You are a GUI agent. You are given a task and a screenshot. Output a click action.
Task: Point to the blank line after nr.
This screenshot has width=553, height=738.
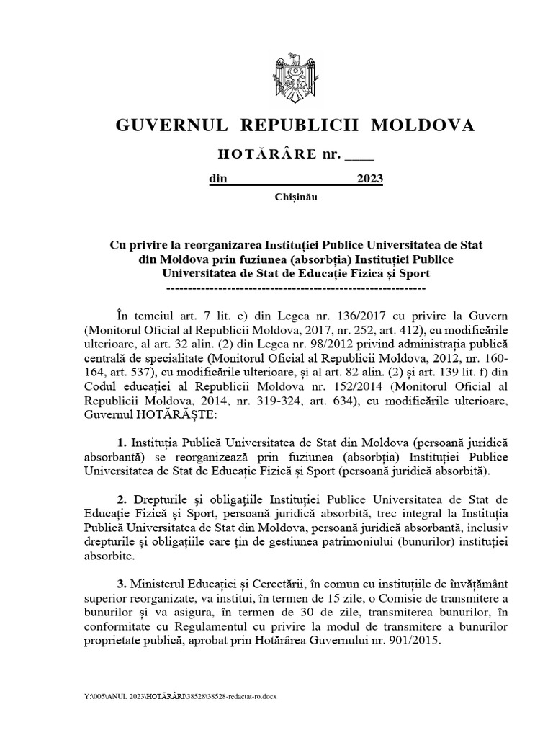[x=360, y=156]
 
